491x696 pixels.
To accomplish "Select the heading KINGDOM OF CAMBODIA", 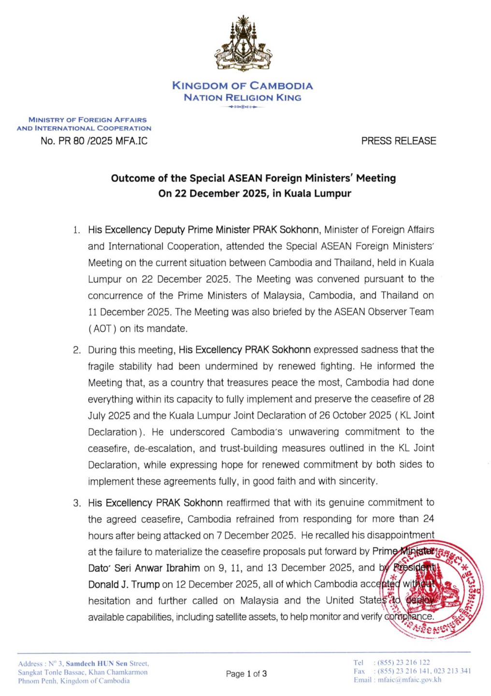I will (243, 86).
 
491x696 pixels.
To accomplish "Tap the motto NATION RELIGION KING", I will (243, 98).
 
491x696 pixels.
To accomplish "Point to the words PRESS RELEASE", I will (399, 141).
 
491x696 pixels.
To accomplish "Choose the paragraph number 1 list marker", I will (76, 230).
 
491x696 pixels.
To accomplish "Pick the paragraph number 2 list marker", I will (76, 350).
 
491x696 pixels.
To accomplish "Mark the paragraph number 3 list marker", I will (76, 503).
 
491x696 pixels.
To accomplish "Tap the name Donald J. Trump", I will (124, 584).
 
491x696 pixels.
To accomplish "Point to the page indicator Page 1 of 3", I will (246, 674).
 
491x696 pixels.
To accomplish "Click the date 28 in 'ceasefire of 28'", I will (428, 399).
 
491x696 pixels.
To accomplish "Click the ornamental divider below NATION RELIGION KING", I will (243, 107).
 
